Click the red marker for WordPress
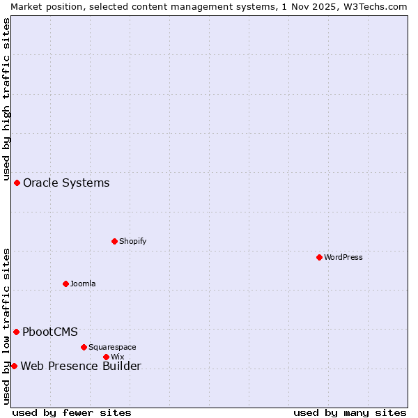(x=319, y=257)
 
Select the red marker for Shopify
(x=114, y=241)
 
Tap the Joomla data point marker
(x=65, y=284)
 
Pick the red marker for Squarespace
(x=84, y=347)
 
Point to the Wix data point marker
(x=106, y=357)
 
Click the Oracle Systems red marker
(x=17, y=183)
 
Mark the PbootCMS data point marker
(x=16, y=332)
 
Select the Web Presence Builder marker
(x=14, y=366)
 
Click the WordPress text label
(x=343, y=257)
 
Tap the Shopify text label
(x=132, y=241)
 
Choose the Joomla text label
(x=83, y=284)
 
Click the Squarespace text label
(x=112, y=347)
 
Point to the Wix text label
(x=117, y=357)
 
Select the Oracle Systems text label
(x=66, y=183)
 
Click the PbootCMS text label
(x=50, y=332)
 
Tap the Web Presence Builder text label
(x=81, y=366)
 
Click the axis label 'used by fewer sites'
(x=72, y=412)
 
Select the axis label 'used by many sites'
(x=350, y=412)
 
